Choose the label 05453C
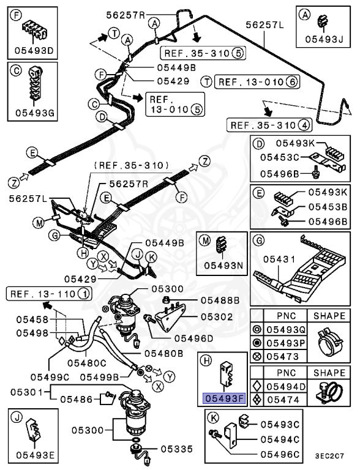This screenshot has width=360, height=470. pos(280,157)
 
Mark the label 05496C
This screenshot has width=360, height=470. pos(279,454)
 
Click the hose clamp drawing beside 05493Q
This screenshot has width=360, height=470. pos(329,344)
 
